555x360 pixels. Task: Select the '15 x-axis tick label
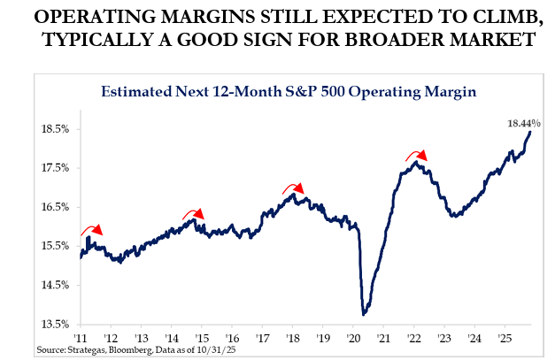[201, 338]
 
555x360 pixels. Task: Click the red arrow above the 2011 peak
[91, 230]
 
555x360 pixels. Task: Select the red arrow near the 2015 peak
[193, 213]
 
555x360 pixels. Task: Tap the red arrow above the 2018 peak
[293, 188]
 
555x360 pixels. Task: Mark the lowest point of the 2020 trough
[365, 313]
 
